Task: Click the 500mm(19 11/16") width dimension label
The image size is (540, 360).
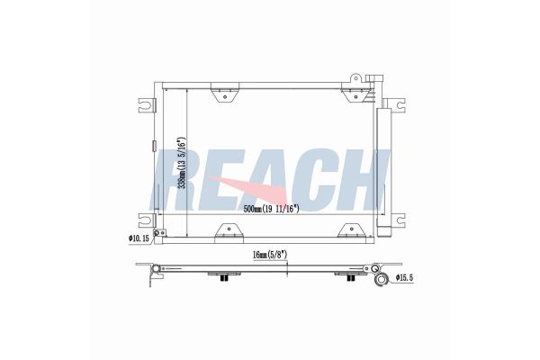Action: [x=271, y=209]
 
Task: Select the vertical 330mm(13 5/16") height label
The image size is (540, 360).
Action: [x=181, y=164]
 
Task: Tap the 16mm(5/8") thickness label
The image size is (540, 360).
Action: [x=270, y=255]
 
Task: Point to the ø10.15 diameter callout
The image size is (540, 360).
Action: [x=139, y=238]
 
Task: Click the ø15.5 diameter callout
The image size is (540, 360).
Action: [x=404, y=277]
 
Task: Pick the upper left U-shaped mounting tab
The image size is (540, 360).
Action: [x=147, y=105]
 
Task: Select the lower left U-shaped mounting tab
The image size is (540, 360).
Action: [x=147, y=220]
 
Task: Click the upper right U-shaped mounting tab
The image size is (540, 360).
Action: [x=396, y=105]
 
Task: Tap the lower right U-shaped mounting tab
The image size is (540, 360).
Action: [x=396, y=220]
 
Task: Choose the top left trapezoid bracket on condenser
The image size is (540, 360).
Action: [x=225, y=93]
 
